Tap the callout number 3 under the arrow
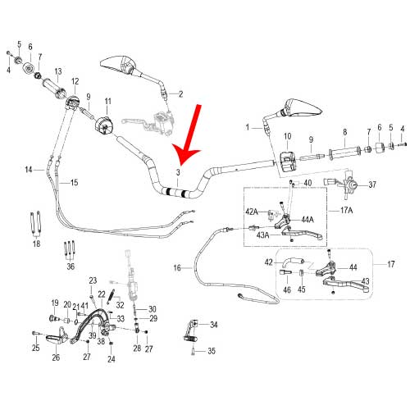point(178,172)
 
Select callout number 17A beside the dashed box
point(346,210)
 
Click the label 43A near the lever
point(262,235)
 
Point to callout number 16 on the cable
point(177,268)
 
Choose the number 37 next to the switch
point(372,184)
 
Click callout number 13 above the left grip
point(58,71)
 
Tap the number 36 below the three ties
point(71,266)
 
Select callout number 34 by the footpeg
point(214,325)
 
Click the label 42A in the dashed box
point(252,212)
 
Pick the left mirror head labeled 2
point(118,65)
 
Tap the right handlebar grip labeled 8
point(344,153)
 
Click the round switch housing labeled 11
point(102,125)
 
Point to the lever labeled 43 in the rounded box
point(346,285)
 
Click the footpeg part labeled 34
point(190,333)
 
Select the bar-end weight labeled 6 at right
point(380,148)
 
